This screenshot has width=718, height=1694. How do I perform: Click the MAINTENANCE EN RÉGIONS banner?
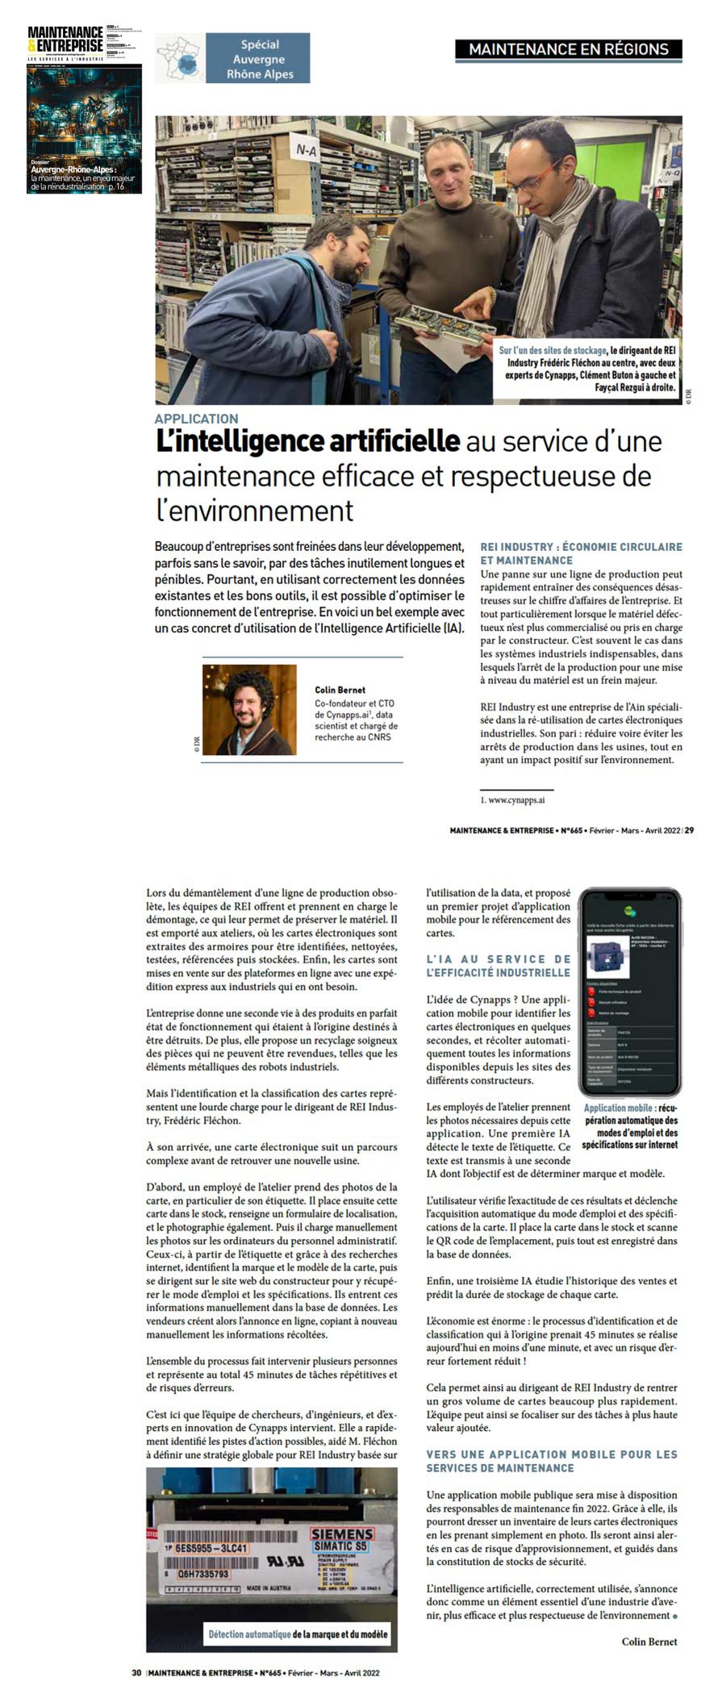pyautogui.click(x=569, y=49)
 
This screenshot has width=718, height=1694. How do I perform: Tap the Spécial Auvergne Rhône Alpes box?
pyautogui.click(x=257, y=57)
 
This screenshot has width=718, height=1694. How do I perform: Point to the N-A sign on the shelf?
pyautogui.click(x=306, y=149)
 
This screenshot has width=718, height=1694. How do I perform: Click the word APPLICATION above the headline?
pyautogui.click(x=197, y=419)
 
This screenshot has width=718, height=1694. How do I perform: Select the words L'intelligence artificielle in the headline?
pyautogui.click(x=308, y=442)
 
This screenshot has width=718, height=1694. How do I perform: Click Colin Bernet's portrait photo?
pyautogui.click(x=249, y=710)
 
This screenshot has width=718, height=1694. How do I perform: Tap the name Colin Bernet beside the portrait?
pyautogui.click(x=340, y=690)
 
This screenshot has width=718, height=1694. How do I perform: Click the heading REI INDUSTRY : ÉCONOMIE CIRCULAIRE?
pyautogui.click(x=581, y=547)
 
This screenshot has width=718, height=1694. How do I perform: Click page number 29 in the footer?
pyautogui.click(x=690, y=829)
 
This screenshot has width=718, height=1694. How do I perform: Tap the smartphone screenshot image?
pyautogui.click(x=632, y=992)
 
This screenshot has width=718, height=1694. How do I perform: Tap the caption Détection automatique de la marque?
pyautogui.click(x=298, y=1634)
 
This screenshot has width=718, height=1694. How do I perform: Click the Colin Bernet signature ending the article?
pyautogui.click(x=649, y=1642)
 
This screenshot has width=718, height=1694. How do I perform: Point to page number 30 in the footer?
pyautogui.click(x=136, y=1672)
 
